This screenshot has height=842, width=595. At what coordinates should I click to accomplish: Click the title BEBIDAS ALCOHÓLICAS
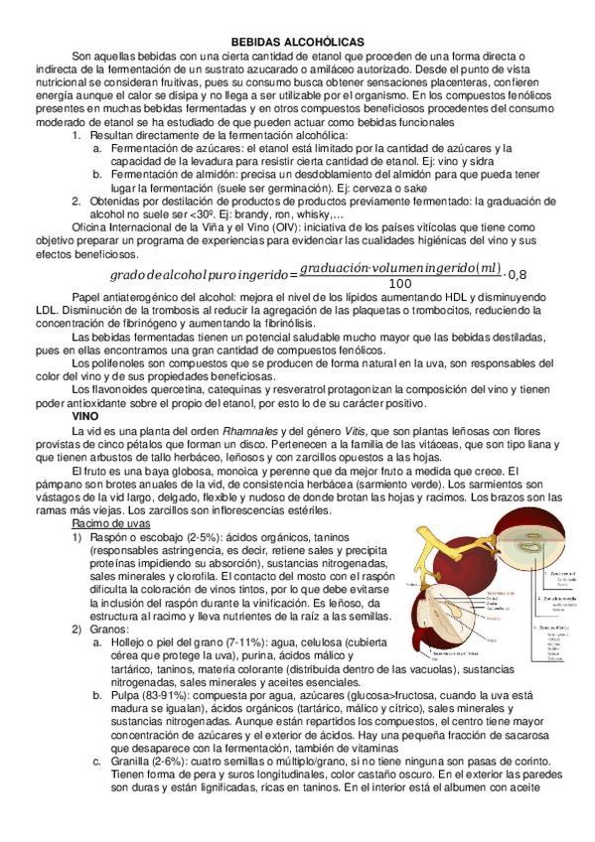(x=297, y=42)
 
